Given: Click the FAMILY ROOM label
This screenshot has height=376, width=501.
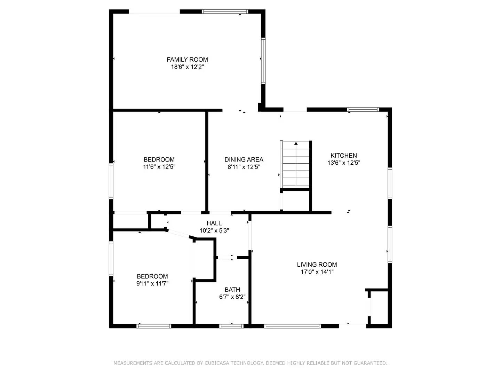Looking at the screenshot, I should click(x=187, y=60).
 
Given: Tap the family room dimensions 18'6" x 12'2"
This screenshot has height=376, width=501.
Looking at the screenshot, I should click(x=187, y=67).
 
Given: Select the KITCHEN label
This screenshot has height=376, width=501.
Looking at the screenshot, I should click(x=344, y=156).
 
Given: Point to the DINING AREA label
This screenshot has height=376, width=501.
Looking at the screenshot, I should click(x=244, y=159).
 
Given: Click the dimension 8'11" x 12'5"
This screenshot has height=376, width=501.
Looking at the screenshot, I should click(x=244, y=167).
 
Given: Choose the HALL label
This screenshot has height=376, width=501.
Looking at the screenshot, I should click(x=214, y=223).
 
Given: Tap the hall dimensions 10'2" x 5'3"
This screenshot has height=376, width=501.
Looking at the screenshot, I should click(x=214, y=230).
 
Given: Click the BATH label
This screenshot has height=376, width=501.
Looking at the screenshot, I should click(x=232, y=290).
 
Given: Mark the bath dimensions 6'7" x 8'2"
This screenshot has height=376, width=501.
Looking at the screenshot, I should click(x=232, y=297).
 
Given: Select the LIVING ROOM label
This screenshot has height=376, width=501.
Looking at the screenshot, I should click(x=317, y=265).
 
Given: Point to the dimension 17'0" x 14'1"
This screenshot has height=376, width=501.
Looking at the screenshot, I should click(x=317, y=272).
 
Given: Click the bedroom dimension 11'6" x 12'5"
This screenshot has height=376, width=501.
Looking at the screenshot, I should click(x=159, y=167).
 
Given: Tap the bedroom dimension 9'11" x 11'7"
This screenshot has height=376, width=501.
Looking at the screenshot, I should click(x=152, y=283).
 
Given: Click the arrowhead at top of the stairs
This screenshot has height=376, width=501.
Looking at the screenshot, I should click(x=296, y=143).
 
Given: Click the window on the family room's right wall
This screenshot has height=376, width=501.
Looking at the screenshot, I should click(x=263, y=61).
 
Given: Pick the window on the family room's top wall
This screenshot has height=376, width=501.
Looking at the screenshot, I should click(x=225, y=11).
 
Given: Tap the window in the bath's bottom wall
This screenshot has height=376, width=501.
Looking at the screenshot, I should click(x=231, y=326).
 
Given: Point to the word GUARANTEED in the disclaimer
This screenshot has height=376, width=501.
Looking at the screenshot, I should click(x=370, y=363).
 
